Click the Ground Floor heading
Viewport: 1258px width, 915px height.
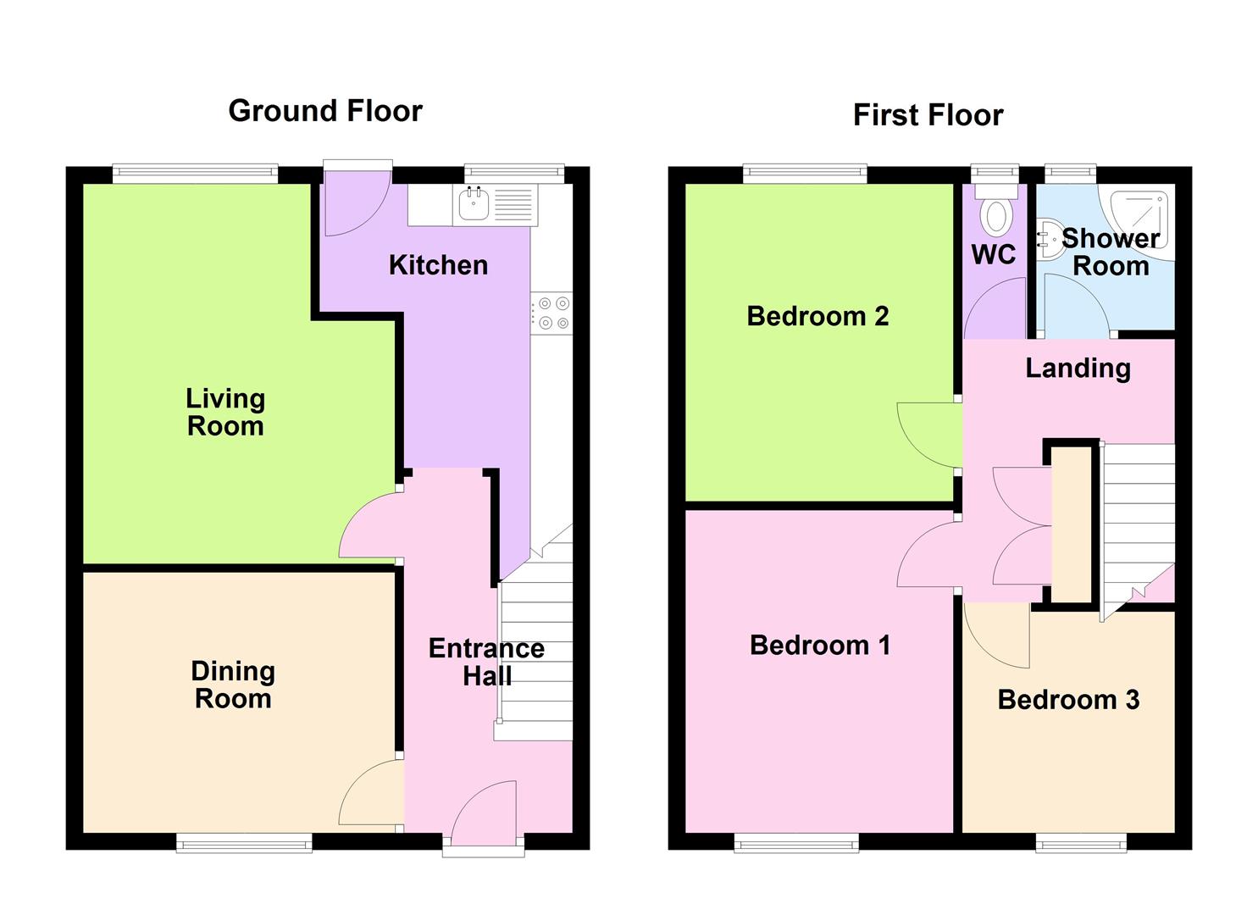(x=325, y=111)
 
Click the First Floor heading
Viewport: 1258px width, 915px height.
(x=928, y=115)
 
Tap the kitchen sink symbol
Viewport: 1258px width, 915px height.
(x=472, y=204)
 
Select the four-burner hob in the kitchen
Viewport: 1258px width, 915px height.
(x=551, y=313)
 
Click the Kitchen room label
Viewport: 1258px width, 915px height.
(x=438, y=265)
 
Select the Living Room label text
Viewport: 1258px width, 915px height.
(x=225, y=412)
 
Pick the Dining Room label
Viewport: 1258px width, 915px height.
(x=233, y=685)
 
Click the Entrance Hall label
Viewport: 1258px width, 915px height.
(x=486, y=662)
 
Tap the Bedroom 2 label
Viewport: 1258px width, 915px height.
(x=817, y=316)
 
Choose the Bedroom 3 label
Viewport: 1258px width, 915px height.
(x=1068, y=700)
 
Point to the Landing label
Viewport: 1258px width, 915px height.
(x=1078, y=368)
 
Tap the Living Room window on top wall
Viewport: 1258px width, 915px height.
(x=196, y=174)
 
